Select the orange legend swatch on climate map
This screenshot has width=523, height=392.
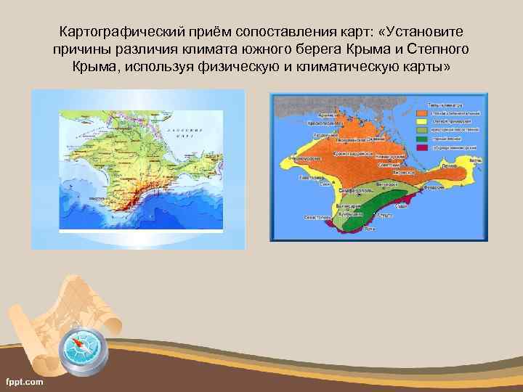click(x=422, y=113)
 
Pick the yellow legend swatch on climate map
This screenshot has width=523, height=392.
click(x=422, y=121)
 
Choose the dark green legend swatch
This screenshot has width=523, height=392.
click(x=422, y=138)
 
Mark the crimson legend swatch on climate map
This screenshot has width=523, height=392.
click(x=422, y=147)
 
